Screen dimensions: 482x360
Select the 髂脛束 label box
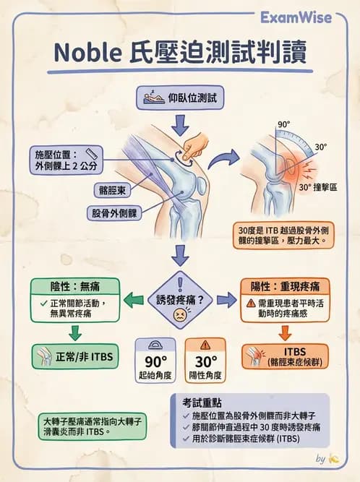(x=114, y=190)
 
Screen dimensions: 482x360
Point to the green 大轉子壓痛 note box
(x=81, y=425)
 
